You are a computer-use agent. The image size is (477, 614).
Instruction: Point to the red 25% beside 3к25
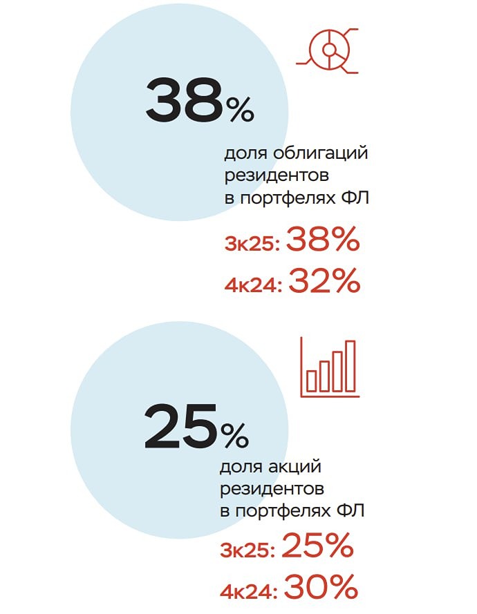click(319, 548)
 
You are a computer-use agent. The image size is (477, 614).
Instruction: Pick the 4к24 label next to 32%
click(253, 284)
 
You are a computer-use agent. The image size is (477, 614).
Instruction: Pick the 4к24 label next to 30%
click(249, 591)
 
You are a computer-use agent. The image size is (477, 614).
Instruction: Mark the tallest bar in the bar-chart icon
click(350, 365)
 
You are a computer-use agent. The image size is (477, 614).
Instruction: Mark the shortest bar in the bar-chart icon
click(311, 381)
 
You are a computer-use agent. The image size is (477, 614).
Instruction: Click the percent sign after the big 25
click(235, 434)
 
